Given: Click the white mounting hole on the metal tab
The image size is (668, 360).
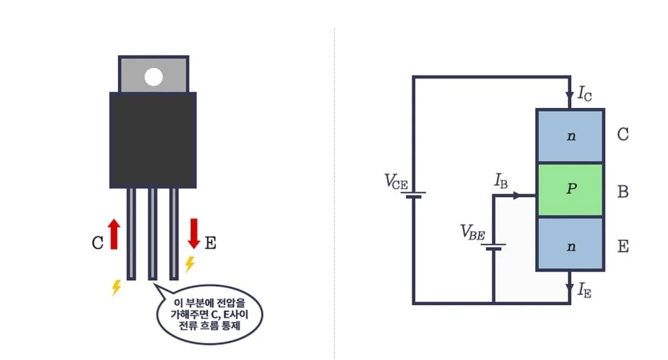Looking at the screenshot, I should point(153,77).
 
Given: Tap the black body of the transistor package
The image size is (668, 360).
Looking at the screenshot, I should point(153,139).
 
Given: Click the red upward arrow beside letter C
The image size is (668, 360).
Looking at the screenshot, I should point(114,234).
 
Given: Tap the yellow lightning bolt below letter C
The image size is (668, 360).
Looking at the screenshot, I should point(117,287).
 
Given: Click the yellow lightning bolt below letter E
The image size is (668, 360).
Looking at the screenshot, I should point(190,264).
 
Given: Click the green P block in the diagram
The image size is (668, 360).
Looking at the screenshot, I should point(569,190).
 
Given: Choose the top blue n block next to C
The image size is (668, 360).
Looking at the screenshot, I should point(569,135).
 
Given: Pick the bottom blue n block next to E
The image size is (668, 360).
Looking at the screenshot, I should point(569,244).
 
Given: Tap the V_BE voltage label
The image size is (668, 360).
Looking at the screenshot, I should point(473,231).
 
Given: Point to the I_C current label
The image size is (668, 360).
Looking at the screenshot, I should point(585,94).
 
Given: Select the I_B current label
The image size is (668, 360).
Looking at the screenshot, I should point(500,181).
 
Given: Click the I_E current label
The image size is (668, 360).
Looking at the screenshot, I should point(585,291).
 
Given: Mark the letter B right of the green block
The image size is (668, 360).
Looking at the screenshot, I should point(623,192).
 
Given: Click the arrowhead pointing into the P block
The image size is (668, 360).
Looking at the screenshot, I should point(519,195).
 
